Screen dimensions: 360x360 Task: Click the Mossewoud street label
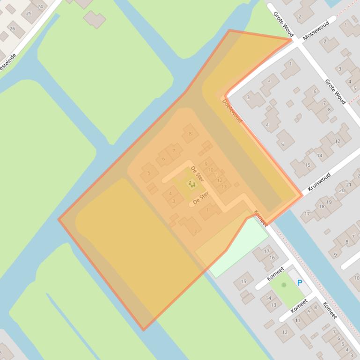coord(316,30)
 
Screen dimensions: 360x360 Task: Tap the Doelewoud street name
coord(233,111)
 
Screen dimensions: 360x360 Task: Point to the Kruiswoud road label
coord(319,182)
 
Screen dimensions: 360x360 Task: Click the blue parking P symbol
coord(300,282)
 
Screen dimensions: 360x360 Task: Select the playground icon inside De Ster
coord(191,184)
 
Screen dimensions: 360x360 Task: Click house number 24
coord(40,6)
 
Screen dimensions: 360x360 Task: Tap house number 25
coord(29,14)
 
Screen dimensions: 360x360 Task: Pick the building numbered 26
coord(12,29)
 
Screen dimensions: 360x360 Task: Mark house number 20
coord(342,190)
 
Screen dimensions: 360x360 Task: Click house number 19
coord(329,202)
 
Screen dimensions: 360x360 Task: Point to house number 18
coord(322,206)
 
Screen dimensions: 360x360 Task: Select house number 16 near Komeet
coord(272,258)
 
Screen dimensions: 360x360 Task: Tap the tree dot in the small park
coord(284,285)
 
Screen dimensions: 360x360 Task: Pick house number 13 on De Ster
coord(223,187)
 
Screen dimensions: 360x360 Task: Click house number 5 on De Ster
coord(149,173)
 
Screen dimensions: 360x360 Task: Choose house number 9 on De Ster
coord(206,164)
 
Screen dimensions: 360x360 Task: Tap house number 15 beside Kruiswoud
coord(308,165)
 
